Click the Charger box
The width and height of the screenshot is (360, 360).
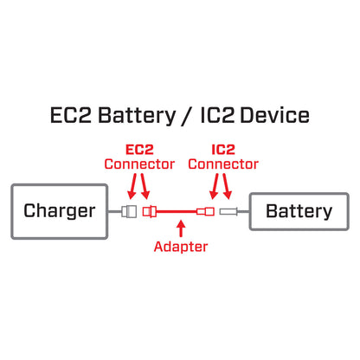click(x=60, y=210)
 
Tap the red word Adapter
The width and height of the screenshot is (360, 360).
click(x=180, y=247)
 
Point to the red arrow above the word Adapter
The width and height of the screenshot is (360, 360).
click(x=180, y=228)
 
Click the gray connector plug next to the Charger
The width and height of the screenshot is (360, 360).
click(x=130, y=211)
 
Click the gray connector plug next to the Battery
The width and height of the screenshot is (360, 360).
click(x=229, y=211)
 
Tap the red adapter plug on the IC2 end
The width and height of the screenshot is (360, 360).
click(x=206, y=211)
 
